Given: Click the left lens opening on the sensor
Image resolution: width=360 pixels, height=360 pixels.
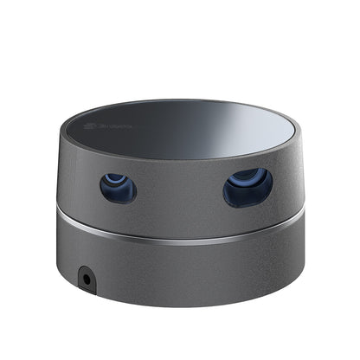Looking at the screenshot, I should (118, 187).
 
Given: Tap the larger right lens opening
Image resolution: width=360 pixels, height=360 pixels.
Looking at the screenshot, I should (247, 187).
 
